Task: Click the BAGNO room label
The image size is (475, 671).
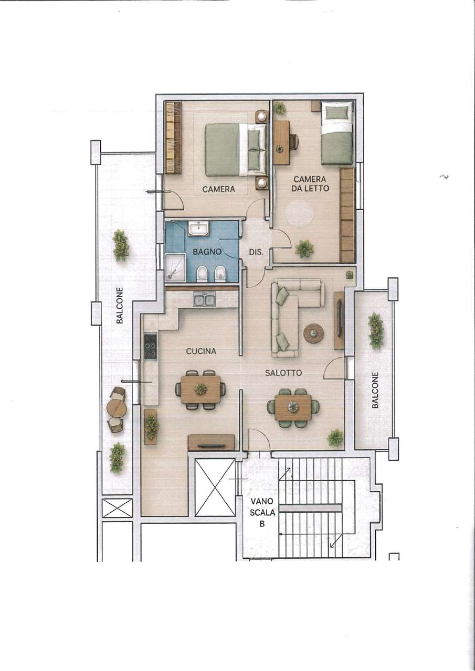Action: click(207, 252)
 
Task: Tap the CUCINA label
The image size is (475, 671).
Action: click(201, 351)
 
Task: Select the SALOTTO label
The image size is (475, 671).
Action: click(283, 373)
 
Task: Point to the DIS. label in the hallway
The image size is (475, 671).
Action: click(256, 252)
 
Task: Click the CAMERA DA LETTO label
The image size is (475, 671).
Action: click(311, 183)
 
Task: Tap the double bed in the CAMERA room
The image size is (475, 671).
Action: click(236, 150)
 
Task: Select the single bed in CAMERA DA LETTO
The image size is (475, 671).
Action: click(336, 133)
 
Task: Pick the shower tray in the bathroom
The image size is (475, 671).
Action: click(175, 268)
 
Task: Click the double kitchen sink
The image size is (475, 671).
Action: click(205, 299)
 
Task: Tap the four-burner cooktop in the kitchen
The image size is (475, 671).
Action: click(150, 347)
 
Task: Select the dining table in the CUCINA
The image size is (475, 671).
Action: click(200, 389)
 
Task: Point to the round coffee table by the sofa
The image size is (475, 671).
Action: click(314, 332)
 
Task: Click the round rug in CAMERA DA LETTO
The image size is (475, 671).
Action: click(299, 213)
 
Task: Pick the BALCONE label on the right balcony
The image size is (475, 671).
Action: click(375, 390)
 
